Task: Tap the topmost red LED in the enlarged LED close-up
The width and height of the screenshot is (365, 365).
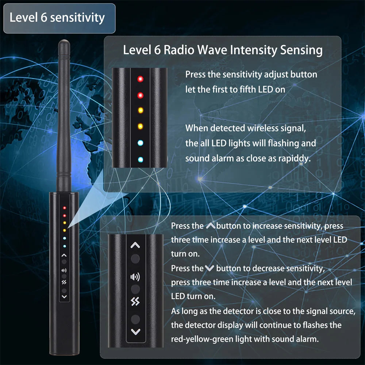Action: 140,79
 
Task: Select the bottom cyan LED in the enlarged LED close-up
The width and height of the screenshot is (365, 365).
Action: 140,160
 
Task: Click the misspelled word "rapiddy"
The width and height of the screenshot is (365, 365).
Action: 293,158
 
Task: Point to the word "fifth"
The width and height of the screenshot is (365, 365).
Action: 249,89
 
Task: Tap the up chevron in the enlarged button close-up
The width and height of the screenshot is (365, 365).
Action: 135,246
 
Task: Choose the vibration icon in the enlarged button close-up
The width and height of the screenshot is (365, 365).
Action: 135,302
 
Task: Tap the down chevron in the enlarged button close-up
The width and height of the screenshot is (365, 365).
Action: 135,332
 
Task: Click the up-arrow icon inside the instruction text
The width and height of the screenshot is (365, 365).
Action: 211,226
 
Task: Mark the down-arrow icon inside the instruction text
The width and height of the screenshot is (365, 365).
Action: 210,269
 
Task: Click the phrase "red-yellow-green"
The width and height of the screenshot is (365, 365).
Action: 202,339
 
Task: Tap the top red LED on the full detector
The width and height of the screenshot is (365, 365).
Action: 64,208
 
